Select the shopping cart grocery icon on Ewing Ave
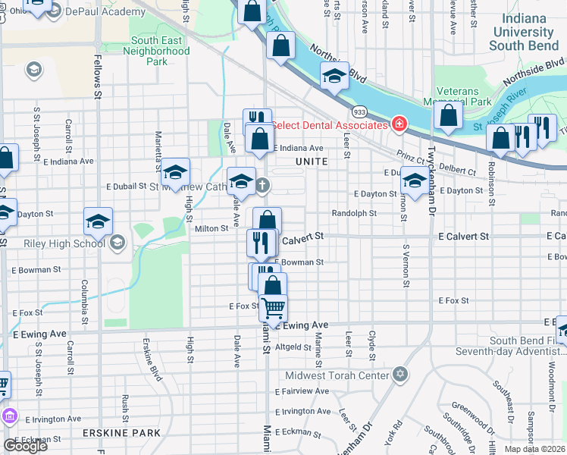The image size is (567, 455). point(273,308)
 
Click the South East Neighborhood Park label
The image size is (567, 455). point(159,51)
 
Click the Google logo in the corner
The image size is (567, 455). point(25,446)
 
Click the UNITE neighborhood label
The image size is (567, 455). point(312,162)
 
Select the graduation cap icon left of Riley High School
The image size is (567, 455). point(99,221)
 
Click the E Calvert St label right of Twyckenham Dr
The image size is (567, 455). point(463,237)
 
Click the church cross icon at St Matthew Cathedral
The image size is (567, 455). point(262,185)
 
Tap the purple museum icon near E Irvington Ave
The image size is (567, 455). point(8,416)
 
